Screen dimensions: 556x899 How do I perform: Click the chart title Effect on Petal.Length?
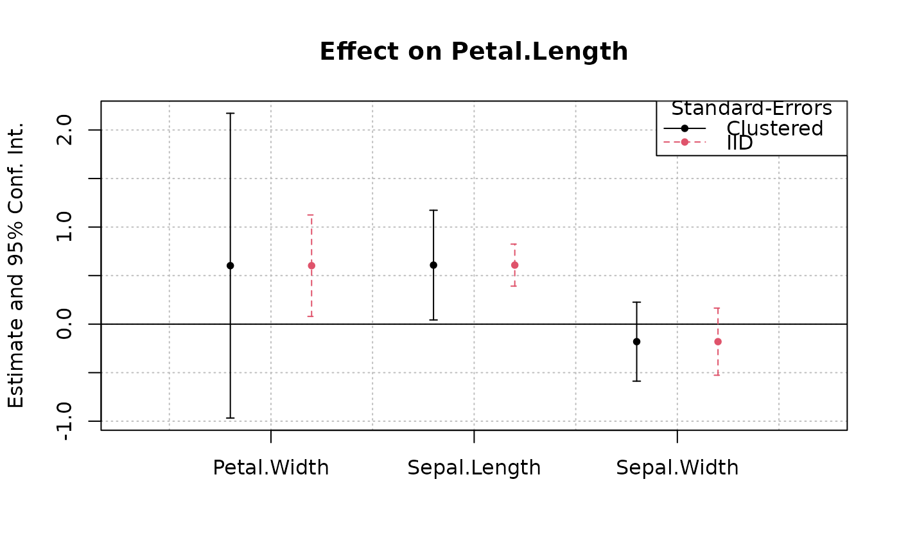(473, 52)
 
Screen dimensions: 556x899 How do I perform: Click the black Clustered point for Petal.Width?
(231, 266)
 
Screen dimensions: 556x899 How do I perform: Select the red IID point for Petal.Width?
(311, 266)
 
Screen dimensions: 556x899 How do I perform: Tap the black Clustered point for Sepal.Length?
(433, 265)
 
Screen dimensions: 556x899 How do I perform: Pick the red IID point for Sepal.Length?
(514, 265)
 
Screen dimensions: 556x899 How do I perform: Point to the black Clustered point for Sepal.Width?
(636, 342)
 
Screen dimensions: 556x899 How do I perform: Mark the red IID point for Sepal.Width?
(718, 342)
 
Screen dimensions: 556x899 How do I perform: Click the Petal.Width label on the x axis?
(270, 467)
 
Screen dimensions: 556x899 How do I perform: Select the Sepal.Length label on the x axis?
(474, 467)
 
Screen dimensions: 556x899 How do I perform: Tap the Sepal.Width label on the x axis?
(677, 467)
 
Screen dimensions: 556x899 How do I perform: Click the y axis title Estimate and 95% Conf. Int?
(17, 265)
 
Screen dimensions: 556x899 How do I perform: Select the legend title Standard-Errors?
(751, 109)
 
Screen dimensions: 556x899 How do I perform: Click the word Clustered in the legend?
(774, 128)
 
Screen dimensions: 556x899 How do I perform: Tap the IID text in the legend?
(740, 143)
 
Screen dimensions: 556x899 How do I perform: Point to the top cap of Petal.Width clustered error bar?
(231, 114)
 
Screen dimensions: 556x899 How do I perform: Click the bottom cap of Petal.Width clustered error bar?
(231, 418)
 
